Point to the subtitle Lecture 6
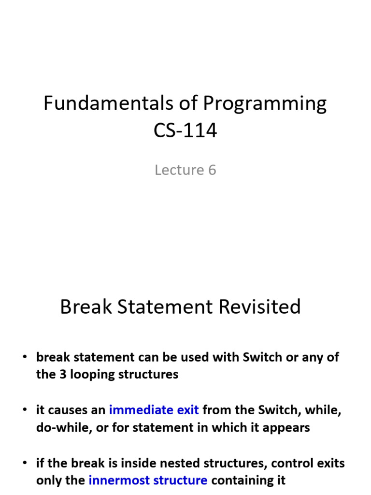(185, 170)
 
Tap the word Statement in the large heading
(166, 307)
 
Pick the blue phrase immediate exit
(154, 410)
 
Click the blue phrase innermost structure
(148, 480)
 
